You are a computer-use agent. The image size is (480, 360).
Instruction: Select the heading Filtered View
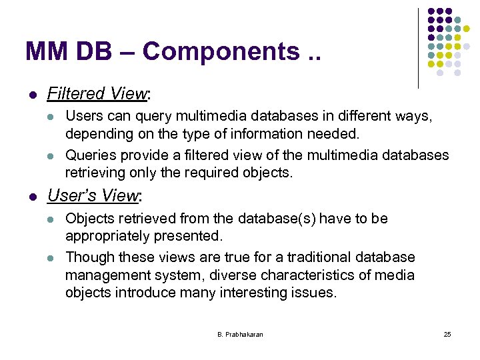click(x=96, y=94)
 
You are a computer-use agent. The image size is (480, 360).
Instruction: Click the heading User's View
click(x=93, y=195)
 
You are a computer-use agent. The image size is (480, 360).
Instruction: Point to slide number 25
click(x=447, y=334)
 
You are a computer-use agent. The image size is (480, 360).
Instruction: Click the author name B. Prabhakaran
click(x=240, y=334)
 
